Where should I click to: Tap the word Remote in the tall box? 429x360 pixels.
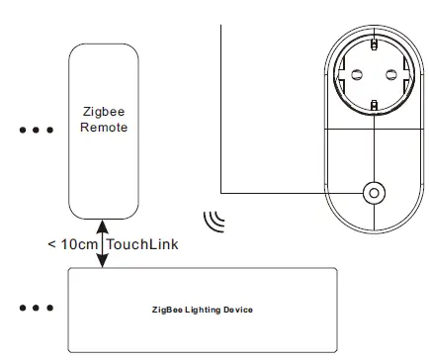(x=102, y=129)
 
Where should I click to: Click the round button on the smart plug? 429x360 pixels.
(x=374, y=192)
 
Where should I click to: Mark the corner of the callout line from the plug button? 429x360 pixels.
(x=221, y=192)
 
